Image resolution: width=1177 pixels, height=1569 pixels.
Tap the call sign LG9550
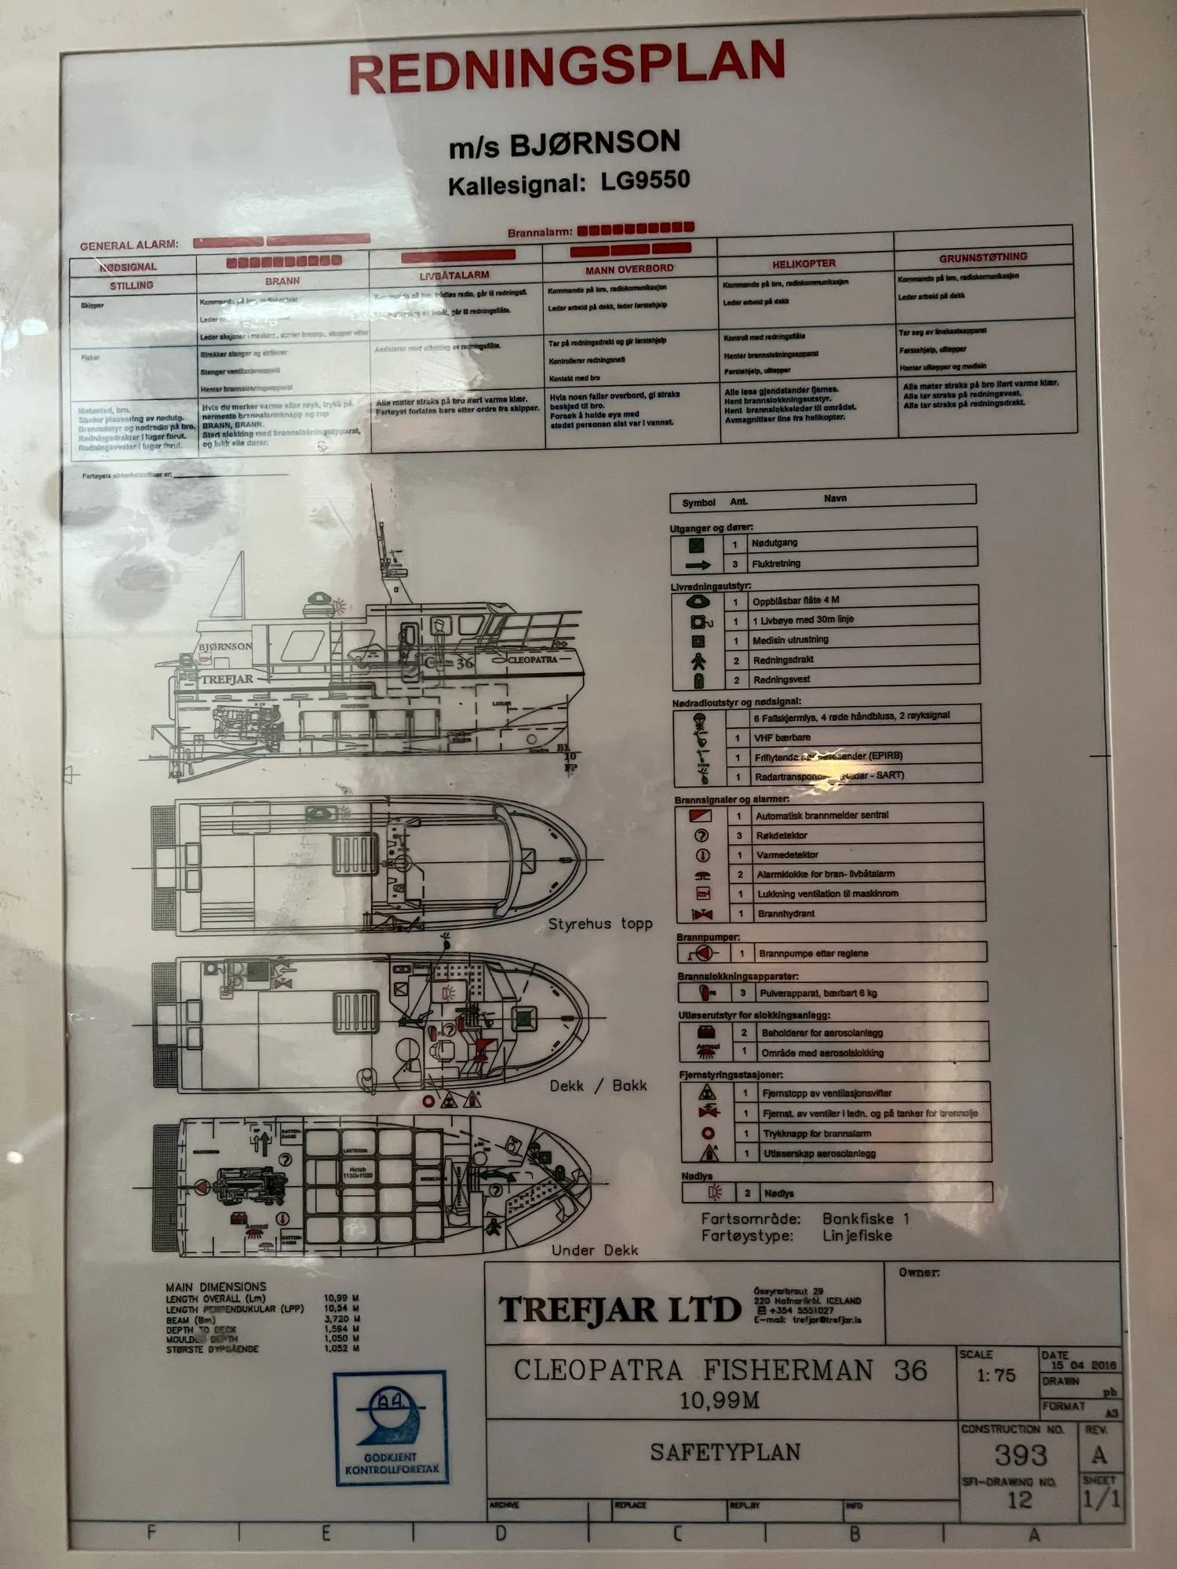point(645,181)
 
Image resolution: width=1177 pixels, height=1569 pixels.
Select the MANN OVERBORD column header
point(629,269)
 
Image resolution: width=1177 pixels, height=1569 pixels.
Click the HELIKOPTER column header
point(803,264)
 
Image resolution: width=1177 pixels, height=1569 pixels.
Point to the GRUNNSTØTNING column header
point(982,257)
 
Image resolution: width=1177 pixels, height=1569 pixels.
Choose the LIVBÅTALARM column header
point(454,275)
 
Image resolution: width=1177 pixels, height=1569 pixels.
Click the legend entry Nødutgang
point(774,543)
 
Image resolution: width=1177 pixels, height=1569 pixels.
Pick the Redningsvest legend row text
point(782,679)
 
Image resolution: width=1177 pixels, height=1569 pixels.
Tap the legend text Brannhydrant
point(786,914)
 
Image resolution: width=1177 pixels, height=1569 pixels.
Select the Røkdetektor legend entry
point(782,835)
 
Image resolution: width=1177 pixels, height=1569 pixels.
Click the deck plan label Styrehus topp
point(600,924)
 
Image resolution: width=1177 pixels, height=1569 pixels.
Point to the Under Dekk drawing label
point(595,1250)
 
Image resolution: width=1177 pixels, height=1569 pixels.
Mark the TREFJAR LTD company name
point(620,1309)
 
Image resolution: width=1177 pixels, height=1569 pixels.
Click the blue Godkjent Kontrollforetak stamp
point(391,1427)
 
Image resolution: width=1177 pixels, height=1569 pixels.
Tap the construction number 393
point(1021,1455)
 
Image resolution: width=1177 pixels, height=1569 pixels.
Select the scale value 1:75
point(996,1375)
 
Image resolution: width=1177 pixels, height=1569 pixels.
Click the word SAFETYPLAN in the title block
point(725,1452)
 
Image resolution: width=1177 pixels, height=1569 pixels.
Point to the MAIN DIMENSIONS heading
point(216,1287)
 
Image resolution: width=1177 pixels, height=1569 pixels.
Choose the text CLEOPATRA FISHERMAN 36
point(720,1371)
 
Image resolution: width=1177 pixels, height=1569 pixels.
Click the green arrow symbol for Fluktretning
point(698,565)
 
